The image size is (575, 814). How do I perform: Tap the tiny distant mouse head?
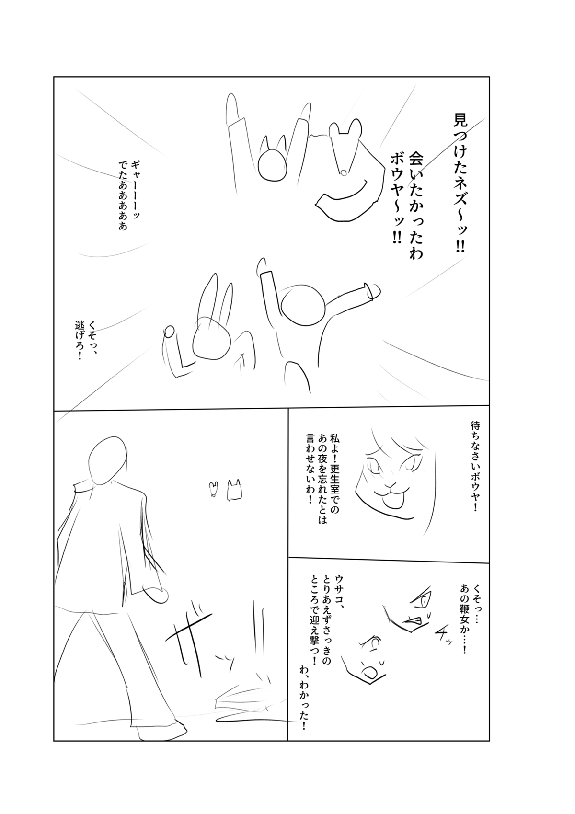pyautogui.click(x=214, y=489)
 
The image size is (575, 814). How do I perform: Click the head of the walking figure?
pyautogui.click(x=108, y=459)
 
